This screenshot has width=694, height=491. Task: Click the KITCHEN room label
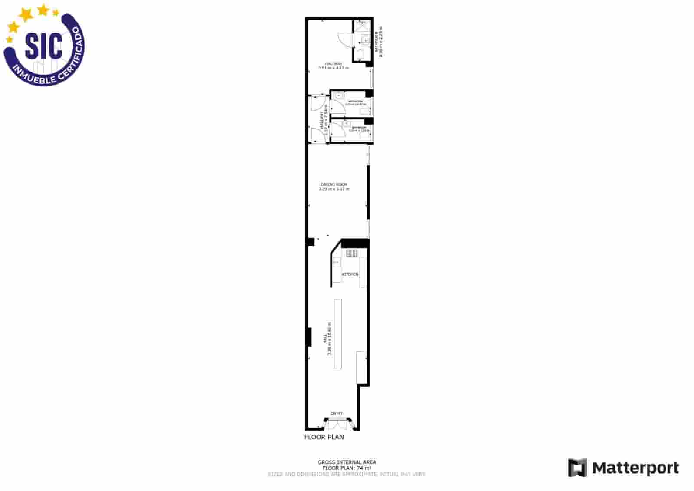pyautogui.click(x=350, y=274)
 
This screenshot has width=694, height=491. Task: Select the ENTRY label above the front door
pyautogui.click(x=337, y=413)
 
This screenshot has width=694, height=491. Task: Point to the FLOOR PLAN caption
pyautogui.click(x=324, y=437)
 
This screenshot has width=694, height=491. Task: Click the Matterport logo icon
pyautogui.click(x=577, y=468)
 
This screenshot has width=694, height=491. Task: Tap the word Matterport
pyautogui.click(x=635, y=468)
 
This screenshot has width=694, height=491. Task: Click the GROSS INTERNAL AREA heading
pyautogui.click(x=347, y=462)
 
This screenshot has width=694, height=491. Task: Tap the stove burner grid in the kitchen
pyautogui.click(x=352, y=253)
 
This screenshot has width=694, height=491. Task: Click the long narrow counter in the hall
pyautogui.click(x=337, y=333)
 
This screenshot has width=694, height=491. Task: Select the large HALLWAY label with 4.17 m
pyautogui.click(x=334, y=66)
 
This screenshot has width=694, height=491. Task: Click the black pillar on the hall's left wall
pyautogui.click(x=309, y=337)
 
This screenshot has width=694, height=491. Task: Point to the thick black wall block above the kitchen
pyautogui.click(x=355, y=243)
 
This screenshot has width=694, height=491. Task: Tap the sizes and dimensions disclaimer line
pyautogui.click(x=347, y=474)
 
